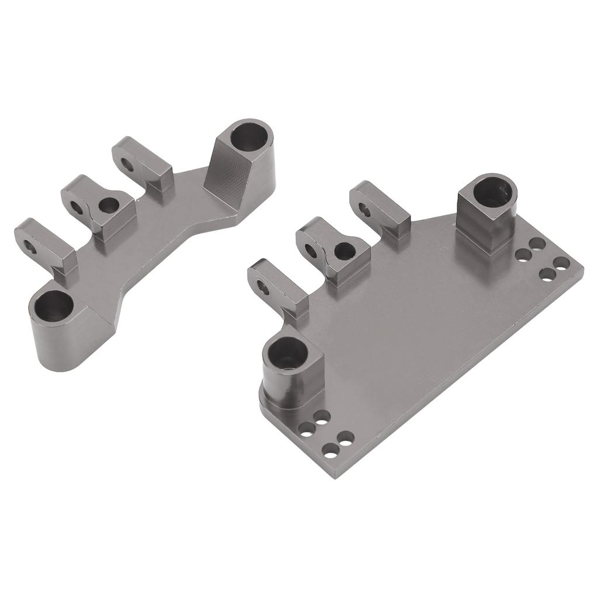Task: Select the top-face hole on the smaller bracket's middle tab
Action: coord(108,204)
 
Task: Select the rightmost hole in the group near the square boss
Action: coord(561,263)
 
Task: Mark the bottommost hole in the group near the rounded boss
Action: coord(331,450)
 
